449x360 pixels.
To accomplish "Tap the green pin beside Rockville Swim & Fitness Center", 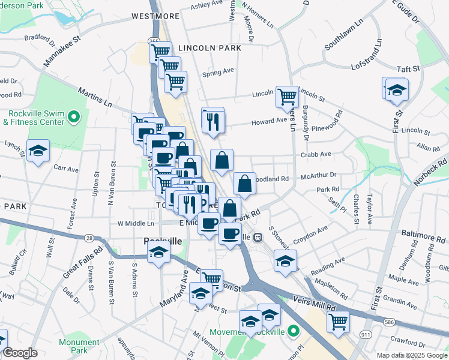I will [74, 116].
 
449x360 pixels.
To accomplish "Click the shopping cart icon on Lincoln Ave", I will [287, 95].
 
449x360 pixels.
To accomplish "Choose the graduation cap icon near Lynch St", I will [38, 151].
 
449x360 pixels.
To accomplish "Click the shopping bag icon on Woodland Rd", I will [244, 184].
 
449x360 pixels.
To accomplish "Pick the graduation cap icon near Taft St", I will [397, 90].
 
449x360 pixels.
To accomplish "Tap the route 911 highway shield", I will [366, 334].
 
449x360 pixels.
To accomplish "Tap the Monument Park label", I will [79, 346].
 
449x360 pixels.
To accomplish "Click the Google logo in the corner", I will [20, 353].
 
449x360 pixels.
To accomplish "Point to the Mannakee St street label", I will [62, 53].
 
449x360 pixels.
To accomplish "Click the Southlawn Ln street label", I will [345, 36].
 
